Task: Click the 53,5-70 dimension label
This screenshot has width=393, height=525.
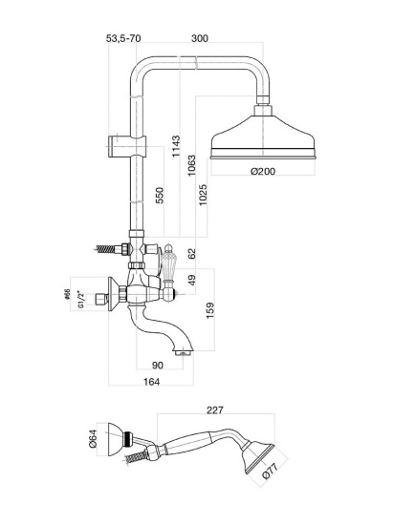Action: tap(123, 38)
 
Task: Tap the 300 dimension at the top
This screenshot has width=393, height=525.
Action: tap(200, 38)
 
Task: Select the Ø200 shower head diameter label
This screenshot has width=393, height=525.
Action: tap(263, 171)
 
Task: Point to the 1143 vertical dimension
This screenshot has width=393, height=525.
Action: tap(176, 146)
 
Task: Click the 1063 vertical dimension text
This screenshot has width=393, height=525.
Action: tap(191, 165)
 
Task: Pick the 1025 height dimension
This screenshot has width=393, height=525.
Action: tap(204, 195)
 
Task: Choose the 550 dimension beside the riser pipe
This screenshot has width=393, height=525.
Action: tap(160, 196)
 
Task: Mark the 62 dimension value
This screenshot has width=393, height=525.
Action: tap(191, 253)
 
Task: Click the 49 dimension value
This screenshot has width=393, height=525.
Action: tap(191, 281)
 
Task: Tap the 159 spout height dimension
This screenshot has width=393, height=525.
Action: tap(210, 310)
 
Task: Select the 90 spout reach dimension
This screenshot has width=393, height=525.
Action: tap(158, 365)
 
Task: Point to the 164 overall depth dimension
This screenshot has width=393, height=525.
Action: tap(152, 382)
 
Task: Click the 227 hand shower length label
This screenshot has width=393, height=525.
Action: tap(214, 409)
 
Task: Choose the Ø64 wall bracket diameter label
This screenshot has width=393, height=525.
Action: tap(93, 438)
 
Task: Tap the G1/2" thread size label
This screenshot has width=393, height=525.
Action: tap(80, 300)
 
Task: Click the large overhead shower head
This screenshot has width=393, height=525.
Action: tap(263, 133)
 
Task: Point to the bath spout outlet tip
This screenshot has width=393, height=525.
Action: tap(183, 352)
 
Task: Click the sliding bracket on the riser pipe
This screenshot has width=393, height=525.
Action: tap(127, 146)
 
